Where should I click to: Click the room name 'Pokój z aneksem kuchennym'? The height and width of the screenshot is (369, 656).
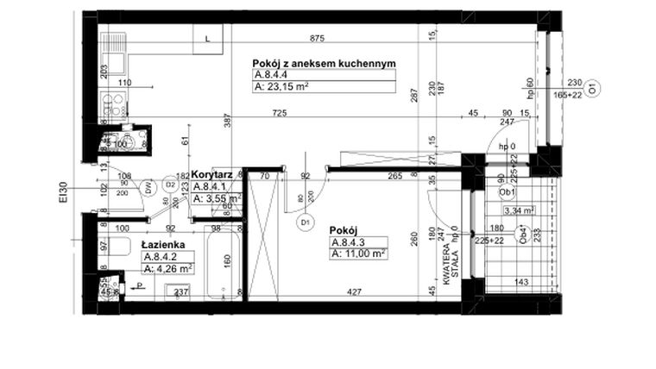pyautogui.click(x=324, y=64)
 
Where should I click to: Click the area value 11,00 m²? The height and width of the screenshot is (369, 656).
pyautogui.click(x=357, y=253)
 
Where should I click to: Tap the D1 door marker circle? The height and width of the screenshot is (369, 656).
pyautogui.click(x=304, y=222)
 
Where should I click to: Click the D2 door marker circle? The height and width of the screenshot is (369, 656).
pyautogui.click(x=170, y=184)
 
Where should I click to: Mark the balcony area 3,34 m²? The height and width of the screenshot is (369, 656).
pyautogui.click(x=520, y=210)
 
